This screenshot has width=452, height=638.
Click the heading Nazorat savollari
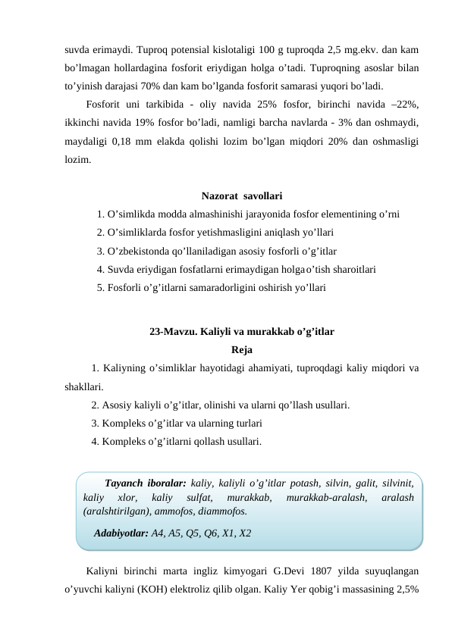pos(243,199)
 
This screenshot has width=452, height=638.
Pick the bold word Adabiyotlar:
pos(121,533)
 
